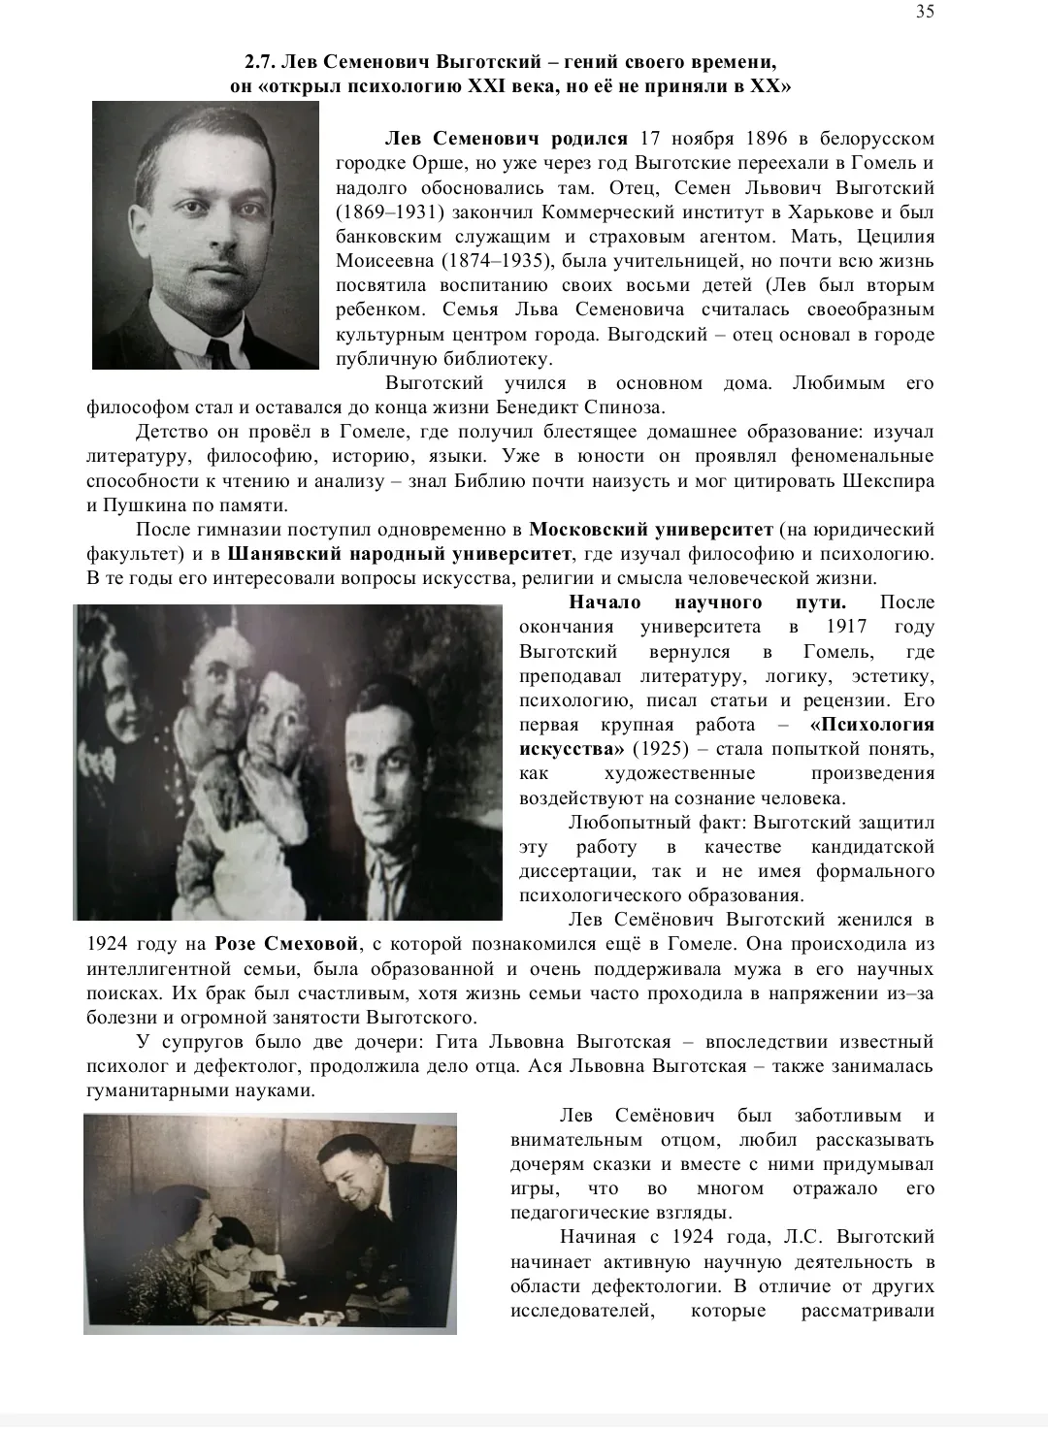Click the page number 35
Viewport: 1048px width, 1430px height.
925,12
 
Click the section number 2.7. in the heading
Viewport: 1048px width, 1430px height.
261,62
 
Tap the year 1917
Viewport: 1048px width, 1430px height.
846,627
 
